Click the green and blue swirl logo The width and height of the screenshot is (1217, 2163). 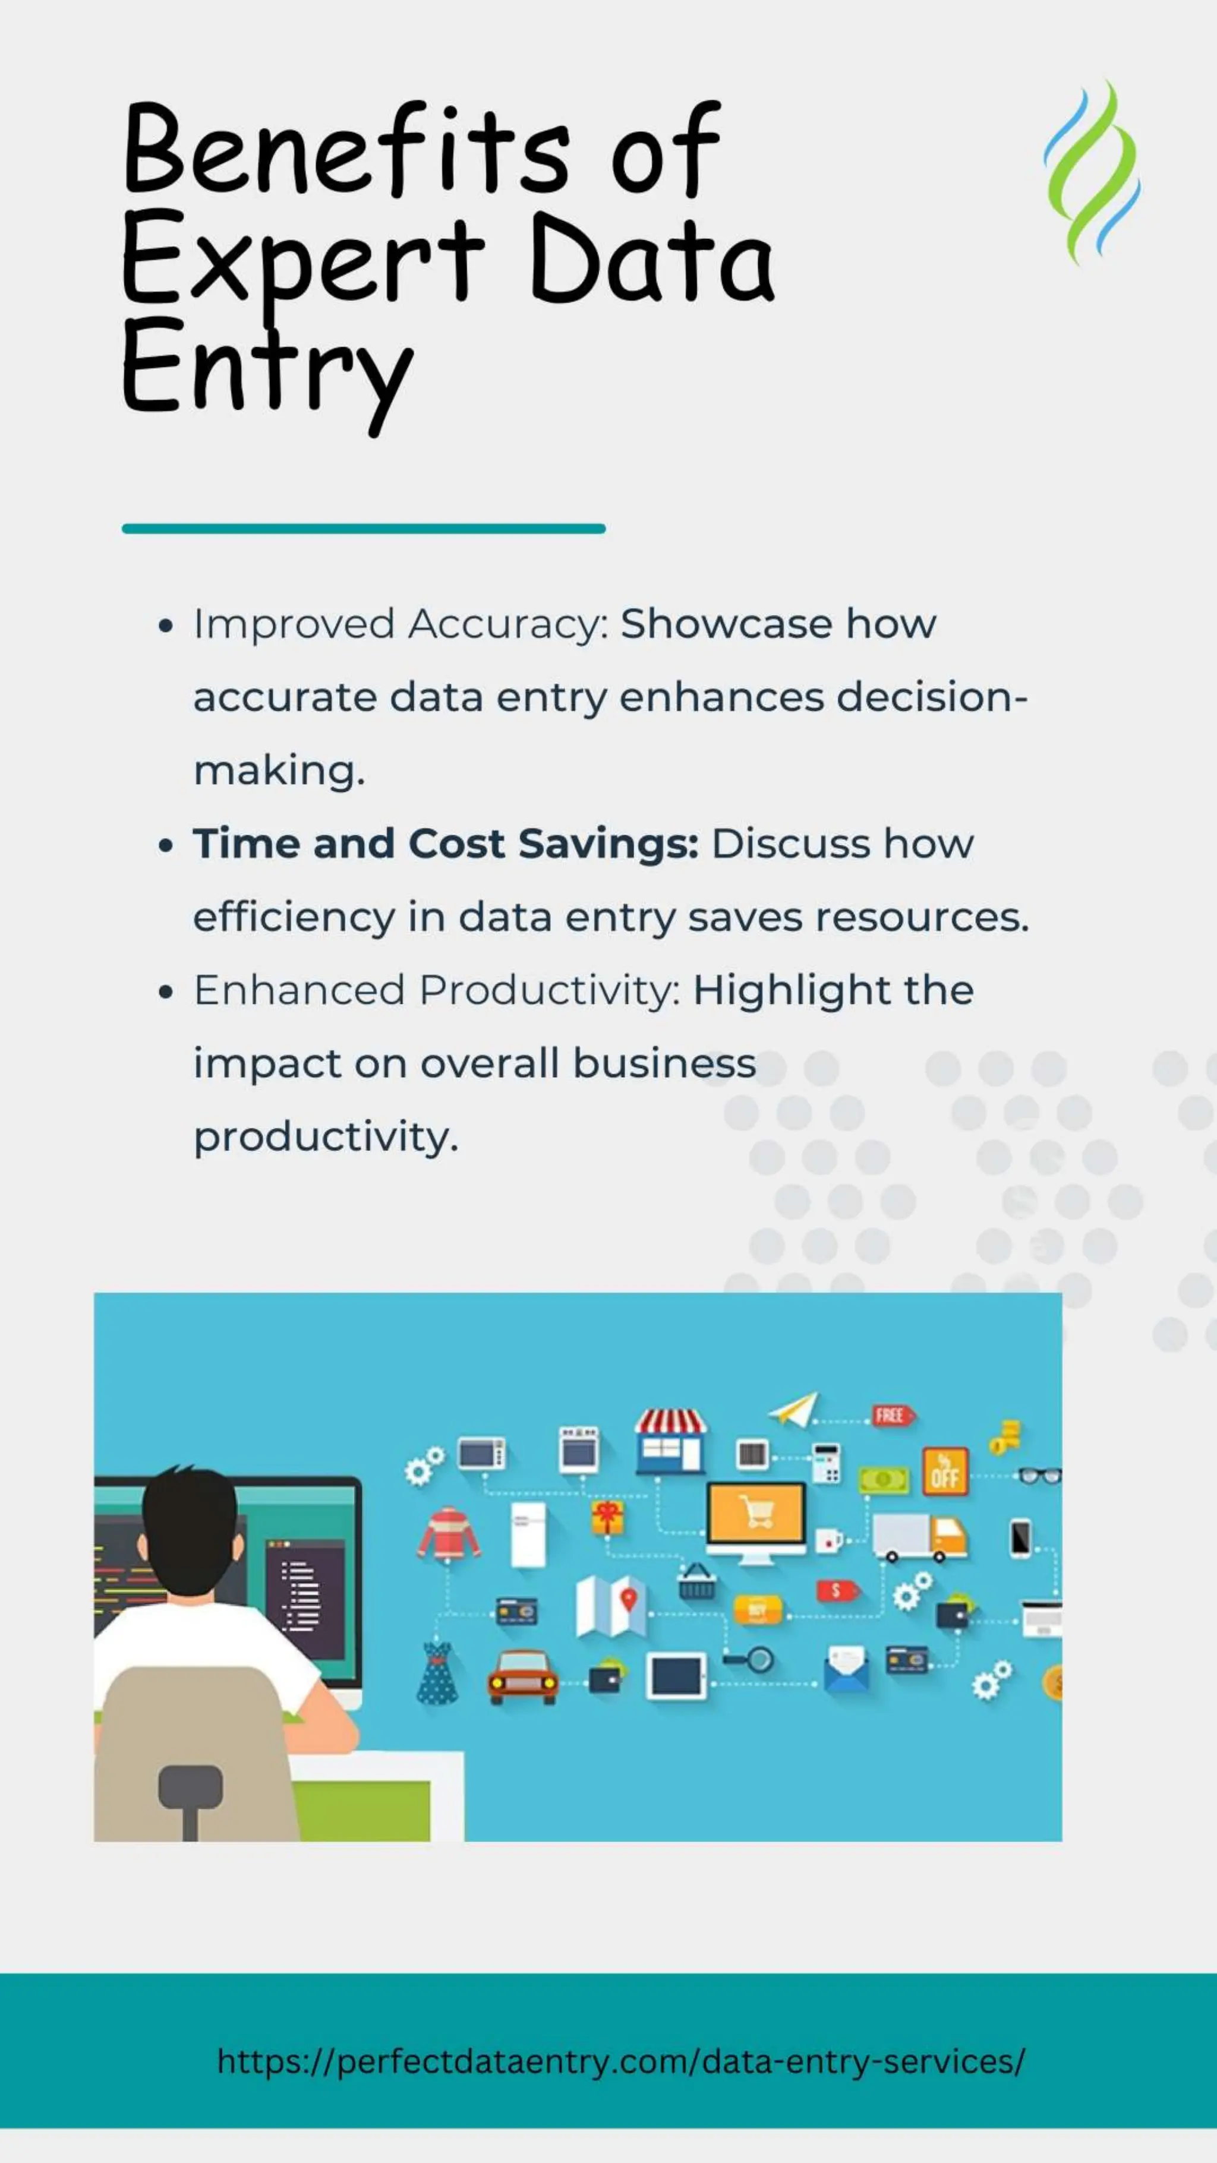(x=1092, y=172)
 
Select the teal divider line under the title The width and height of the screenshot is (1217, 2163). (x=363, y=528)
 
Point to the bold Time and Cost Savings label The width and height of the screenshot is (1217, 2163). (x=445, y=844)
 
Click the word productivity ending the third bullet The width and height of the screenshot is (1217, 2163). (x=326, y=1137)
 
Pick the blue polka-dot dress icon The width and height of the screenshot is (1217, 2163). (x=437, y=1673)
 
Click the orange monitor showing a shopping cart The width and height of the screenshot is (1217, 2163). (x=756, y=1515)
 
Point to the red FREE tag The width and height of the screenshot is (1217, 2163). (x=892, y=1416)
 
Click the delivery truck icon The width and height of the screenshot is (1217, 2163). (x=919, y=1537)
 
